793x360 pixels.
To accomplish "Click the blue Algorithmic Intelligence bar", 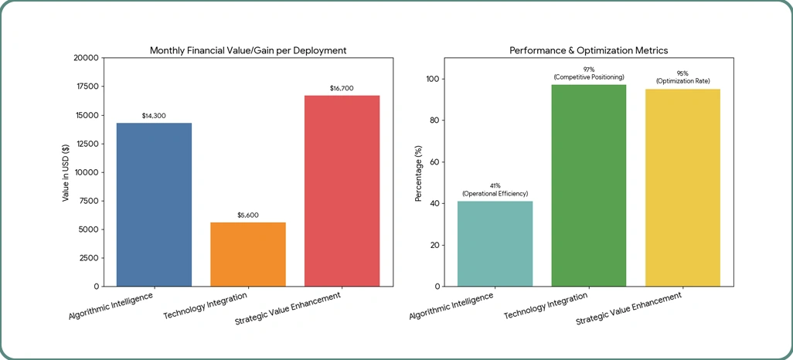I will tap(154, 205).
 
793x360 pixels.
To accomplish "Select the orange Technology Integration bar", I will tap(248, 254).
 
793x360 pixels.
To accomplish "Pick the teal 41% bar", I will tap(495, 243).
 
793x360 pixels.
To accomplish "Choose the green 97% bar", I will tap(589, 185).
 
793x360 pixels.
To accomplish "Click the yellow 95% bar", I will tap(682, 188).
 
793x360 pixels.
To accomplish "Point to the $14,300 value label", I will tap(154, 116).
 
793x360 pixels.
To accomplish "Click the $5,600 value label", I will tap(248, 215).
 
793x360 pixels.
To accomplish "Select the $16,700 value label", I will tap(342, 88).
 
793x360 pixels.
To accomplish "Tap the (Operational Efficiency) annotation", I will tap(495, 193).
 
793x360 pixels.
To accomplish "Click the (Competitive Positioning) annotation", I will tap(589, 77).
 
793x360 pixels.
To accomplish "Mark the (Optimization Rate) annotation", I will tap(682, 81).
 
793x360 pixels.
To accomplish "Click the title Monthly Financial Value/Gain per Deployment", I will tap(247, 50).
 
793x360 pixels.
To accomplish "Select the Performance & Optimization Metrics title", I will tap(588, 50).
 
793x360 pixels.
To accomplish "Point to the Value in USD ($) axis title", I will tap(66, 172).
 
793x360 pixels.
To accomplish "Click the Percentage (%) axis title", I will tap(418, 172).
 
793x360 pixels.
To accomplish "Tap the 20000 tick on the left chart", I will tap(86, 58).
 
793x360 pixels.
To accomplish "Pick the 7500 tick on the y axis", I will tap(88, 201).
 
